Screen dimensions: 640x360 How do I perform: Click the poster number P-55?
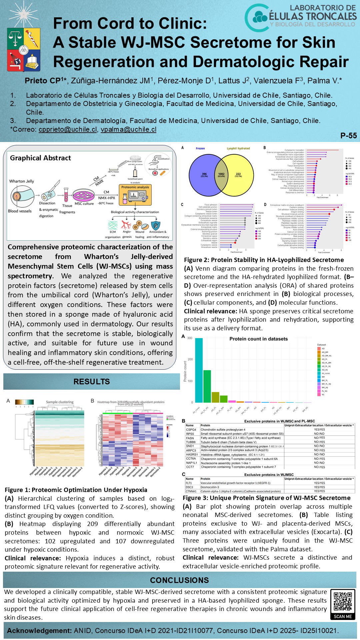click(x=348, y=136)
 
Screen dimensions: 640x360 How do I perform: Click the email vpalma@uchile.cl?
click(x=128, y=129)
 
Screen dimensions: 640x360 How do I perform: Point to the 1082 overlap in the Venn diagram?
click(x=221, y=175)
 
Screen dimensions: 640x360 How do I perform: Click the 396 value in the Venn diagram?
click(x=204, y=175)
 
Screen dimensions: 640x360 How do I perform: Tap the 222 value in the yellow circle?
click(x=238, y=175)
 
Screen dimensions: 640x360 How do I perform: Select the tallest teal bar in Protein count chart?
click(x=199, y=370)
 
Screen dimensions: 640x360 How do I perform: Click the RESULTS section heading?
click(x=91, y=382)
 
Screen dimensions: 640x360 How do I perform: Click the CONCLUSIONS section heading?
click(x=179, y=580)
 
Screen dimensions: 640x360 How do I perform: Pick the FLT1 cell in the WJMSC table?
click(x=189, y=483)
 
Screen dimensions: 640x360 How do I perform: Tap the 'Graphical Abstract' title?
click(x=40, y=158)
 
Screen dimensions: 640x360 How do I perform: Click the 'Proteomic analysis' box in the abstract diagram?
click(x=135, y=187)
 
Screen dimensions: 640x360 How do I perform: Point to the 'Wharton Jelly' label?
click(x=21, y=181)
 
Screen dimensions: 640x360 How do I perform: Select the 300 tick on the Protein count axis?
click(x=190, y=338)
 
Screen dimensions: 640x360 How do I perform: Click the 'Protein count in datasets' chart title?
click(x=258, y=339)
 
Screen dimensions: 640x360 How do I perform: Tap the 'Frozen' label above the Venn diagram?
click(x=200, y=148)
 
